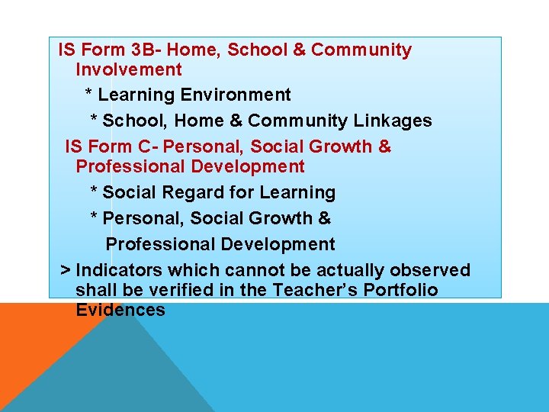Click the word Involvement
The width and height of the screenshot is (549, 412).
point(128,70)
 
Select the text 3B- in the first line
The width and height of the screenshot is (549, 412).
point(146,50)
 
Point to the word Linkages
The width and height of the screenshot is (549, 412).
point(396,121)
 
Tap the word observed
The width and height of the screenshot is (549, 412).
point(430,270)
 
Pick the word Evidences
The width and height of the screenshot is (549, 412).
point(120,310)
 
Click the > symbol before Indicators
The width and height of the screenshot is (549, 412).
point(66,271)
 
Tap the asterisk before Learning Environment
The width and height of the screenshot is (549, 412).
point(88,95)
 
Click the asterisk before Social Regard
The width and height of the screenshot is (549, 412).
point(94,192)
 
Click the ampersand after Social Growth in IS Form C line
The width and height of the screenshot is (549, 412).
point(384,146)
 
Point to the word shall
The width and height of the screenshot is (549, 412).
point(93,290)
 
